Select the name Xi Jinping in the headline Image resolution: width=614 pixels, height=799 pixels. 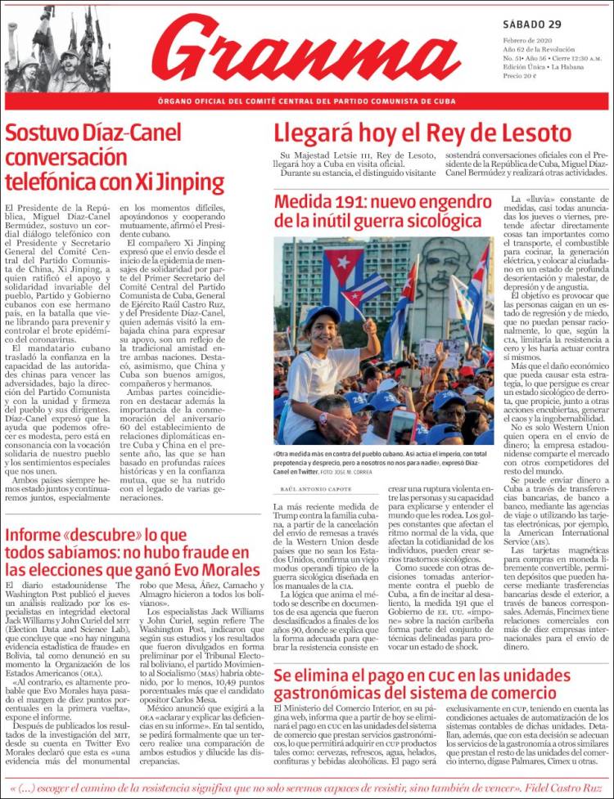[x=178, y=182]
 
